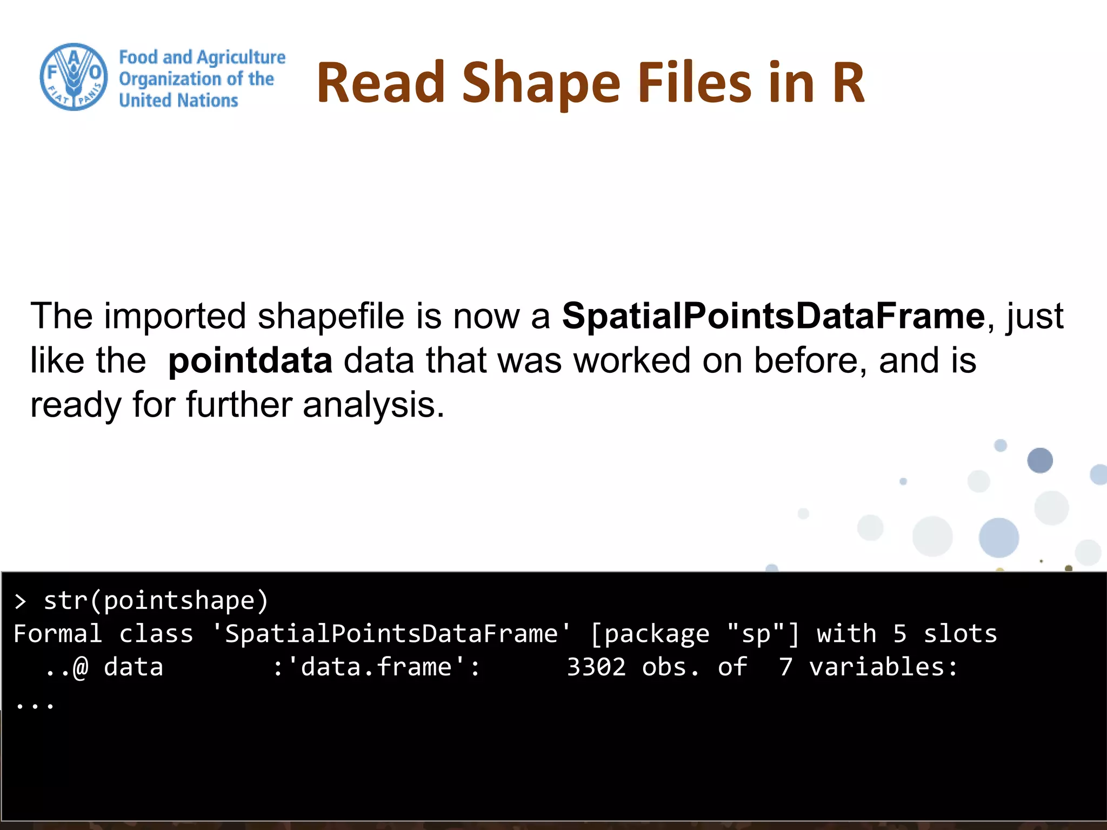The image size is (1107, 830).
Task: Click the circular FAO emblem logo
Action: point(74,77)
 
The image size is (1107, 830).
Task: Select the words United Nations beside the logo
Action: point(178,101)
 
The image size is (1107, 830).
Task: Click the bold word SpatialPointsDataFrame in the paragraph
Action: point(773,316)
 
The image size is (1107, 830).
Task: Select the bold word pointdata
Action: point(250,361)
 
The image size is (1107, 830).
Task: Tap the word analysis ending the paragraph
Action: point(372,405)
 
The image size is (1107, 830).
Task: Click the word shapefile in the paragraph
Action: point(330,316)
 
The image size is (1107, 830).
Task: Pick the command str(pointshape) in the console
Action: point(156,601)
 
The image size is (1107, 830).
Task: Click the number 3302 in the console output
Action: point(596,667)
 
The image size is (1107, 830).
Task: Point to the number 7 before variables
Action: point(785,667)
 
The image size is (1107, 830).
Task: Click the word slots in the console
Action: point(960,634)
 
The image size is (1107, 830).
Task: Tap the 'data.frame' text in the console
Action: point(377,667)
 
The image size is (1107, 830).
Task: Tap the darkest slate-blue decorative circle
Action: point(1039,460)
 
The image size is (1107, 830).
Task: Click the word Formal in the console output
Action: point(58,634)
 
